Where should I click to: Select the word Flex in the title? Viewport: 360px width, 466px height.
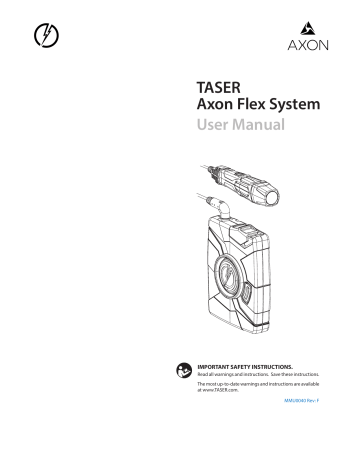point(249,108)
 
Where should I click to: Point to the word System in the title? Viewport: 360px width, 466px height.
point(294,108)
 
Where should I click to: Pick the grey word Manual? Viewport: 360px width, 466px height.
point(260,127)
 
